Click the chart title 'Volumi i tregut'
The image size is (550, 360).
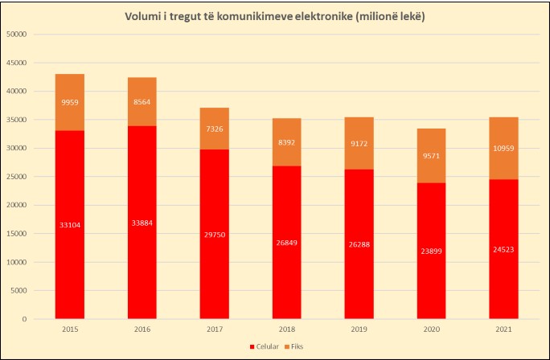tap(274, 17)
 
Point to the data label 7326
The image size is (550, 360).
tap(215, 129)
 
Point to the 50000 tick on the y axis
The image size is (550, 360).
tap(16, 35)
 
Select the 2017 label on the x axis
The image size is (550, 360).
tap(215, 329)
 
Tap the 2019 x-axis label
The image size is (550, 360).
tap(359, 329)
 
